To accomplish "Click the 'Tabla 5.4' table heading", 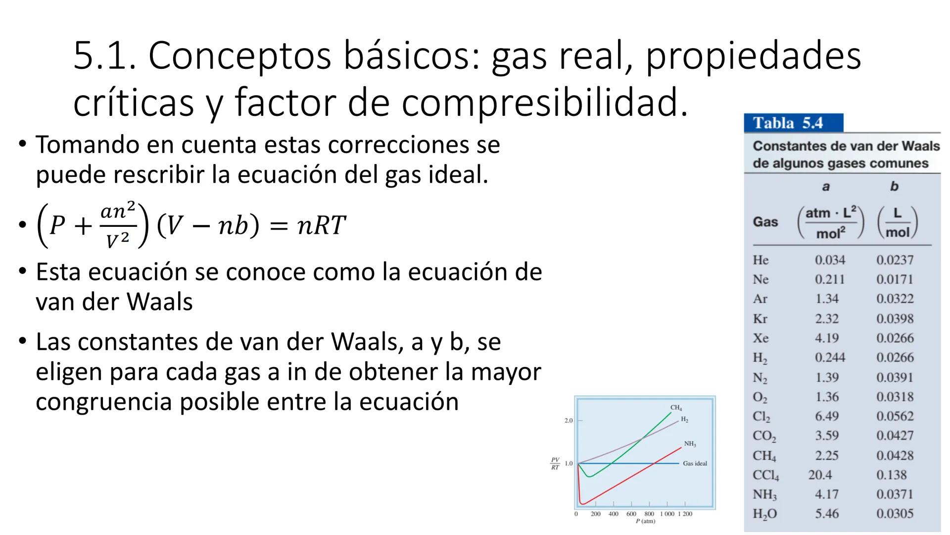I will (x=788, y=123).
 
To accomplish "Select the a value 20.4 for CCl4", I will (x=820, y=475).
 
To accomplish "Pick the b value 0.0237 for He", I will (x=895, y=260).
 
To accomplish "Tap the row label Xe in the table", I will (x=760, y=338).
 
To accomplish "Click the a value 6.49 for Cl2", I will (x=827, y=417).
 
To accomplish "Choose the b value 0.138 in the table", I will (x=892, y=475).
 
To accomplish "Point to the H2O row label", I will (x=764, y=514).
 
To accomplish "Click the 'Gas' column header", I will (x=765, y=222).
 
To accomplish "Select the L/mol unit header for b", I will (x=897, y=223).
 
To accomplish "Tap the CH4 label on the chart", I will (x=676, y=408).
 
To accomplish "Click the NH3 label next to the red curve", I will (x=690, y=444).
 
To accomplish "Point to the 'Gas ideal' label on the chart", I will (x=695, y=464).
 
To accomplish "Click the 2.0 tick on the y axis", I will (x=569, y=421).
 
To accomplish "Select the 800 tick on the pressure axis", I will (x=649, y=514).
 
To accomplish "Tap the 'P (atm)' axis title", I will (x=645, y=521).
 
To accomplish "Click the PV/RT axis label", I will (x=555, y=464).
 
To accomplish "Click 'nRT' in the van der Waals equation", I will (x=321, y=226).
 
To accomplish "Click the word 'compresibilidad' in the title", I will (x=544, y=103).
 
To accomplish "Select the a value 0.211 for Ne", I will (x=830, y=279).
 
